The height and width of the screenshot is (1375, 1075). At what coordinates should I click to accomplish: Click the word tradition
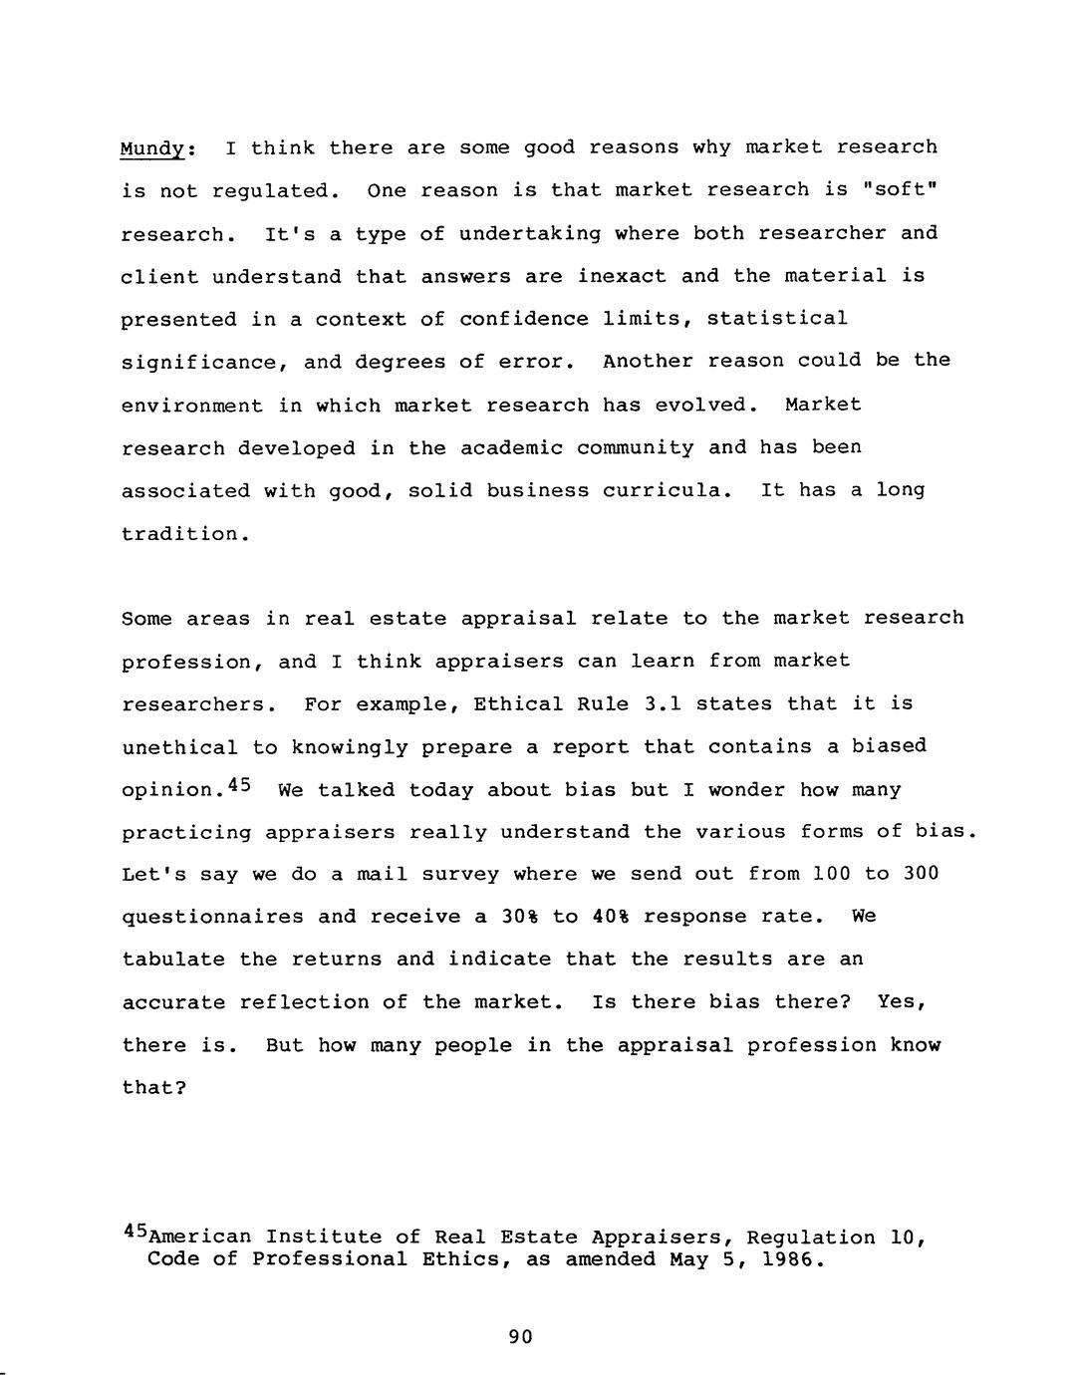[x=180, y=533]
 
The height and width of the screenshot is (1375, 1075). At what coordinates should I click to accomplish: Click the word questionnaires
[x=212, y=917]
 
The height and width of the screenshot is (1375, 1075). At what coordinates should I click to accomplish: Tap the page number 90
[x=520, y=1337]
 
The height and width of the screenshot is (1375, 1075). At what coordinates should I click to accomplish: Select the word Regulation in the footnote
[x=810, y=1237]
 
